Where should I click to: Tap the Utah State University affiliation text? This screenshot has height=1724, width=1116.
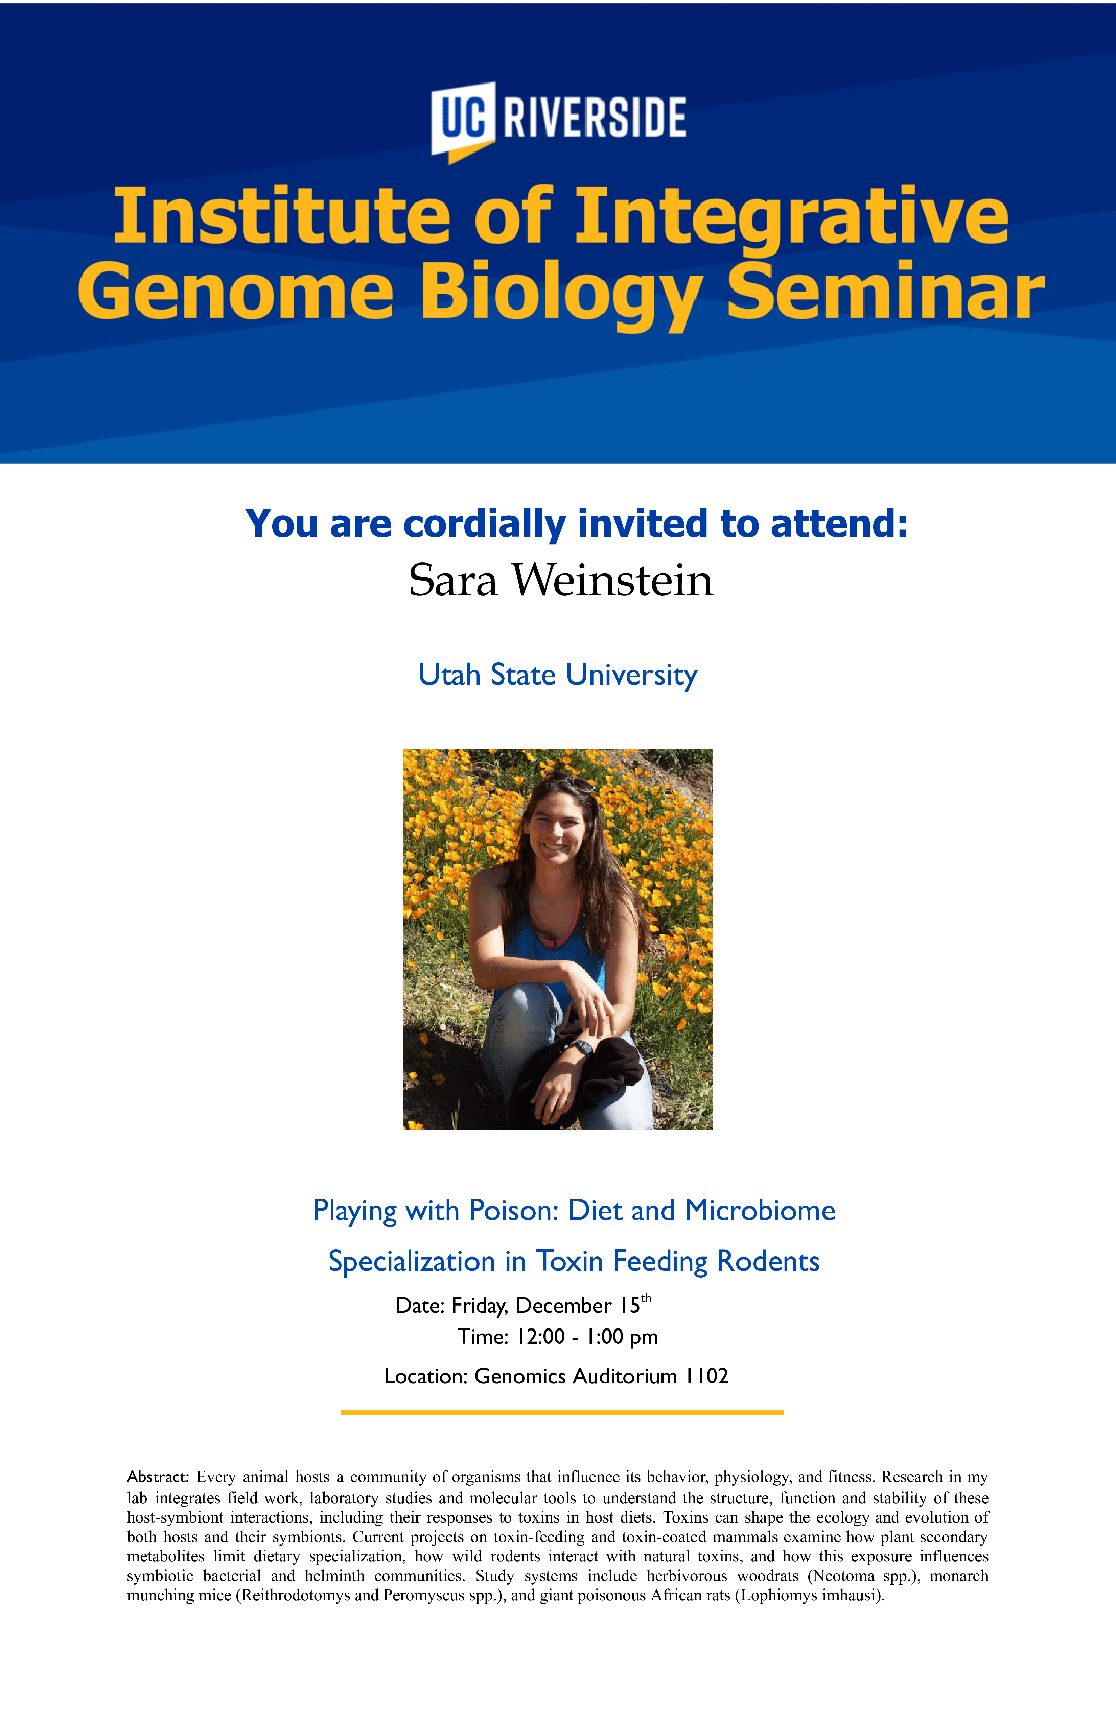pos(558,674)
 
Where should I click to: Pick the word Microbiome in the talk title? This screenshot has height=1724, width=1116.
pos(760,1211)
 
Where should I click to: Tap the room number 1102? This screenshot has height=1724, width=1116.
pos(706,1375)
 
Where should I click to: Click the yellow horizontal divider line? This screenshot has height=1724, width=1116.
pos(562,1413)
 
